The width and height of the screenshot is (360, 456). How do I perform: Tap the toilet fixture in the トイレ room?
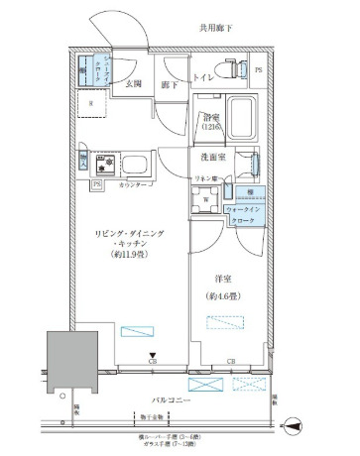click(234, 70)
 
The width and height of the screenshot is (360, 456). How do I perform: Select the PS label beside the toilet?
click(259, 71)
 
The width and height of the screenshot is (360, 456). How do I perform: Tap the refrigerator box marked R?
click(92, 102)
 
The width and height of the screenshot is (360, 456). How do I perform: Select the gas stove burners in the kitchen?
click(108, 164)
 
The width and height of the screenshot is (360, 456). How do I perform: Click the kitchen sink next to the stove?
click(137, 164)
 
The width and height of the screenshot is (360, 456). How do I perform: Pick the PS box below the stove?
click(96, 184)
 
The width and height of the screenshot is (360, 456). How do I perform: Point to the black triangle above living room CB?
click(153, 359)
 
